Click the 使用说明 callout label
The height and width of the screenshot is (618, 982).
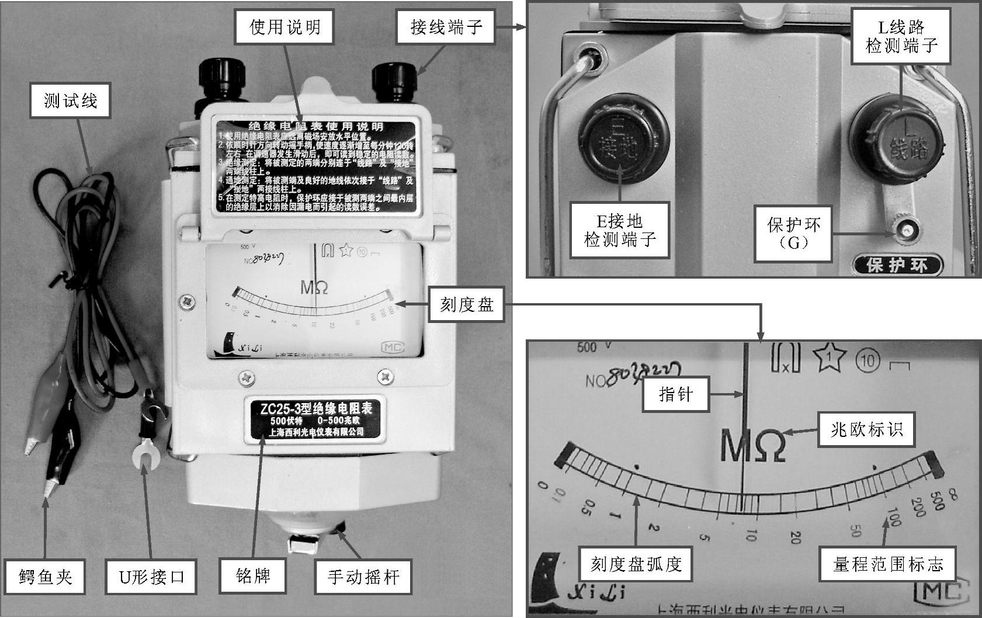coord(284,27)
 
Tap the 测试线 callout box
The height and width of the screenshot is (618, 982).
coord(71,100)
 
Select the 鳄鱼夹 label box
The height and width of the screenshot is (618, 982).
coord(46,577)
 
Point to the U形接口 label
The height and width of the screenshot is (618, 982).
coord(152,577)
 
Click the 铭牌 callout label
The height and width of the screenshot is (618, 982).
coord(253,577)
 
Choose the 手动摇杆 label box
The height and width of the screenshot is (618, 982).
coord(363,577)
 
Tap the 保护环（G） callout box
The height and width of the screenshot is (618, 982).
coord(793,233)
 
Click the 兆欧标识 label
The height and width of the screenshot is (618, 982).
coord(866,430)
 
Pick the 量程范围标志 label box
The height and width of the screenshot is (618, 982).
coord(887,564)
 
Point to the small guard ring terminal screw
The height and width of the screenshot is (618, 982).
coord(905,231)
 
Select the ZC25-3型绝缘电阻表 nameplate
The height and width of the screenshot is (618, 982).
coord(315,419)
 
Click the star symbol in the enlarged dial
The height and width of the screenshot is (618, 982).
coord(829,357)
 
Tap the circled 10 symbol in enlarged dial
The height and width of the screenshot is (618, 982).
coord(868,360)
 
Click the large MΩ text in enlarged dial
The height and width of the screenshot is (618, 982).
coord(754,445)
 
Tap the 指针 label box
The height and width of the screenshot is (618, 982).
coord(675,394)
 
